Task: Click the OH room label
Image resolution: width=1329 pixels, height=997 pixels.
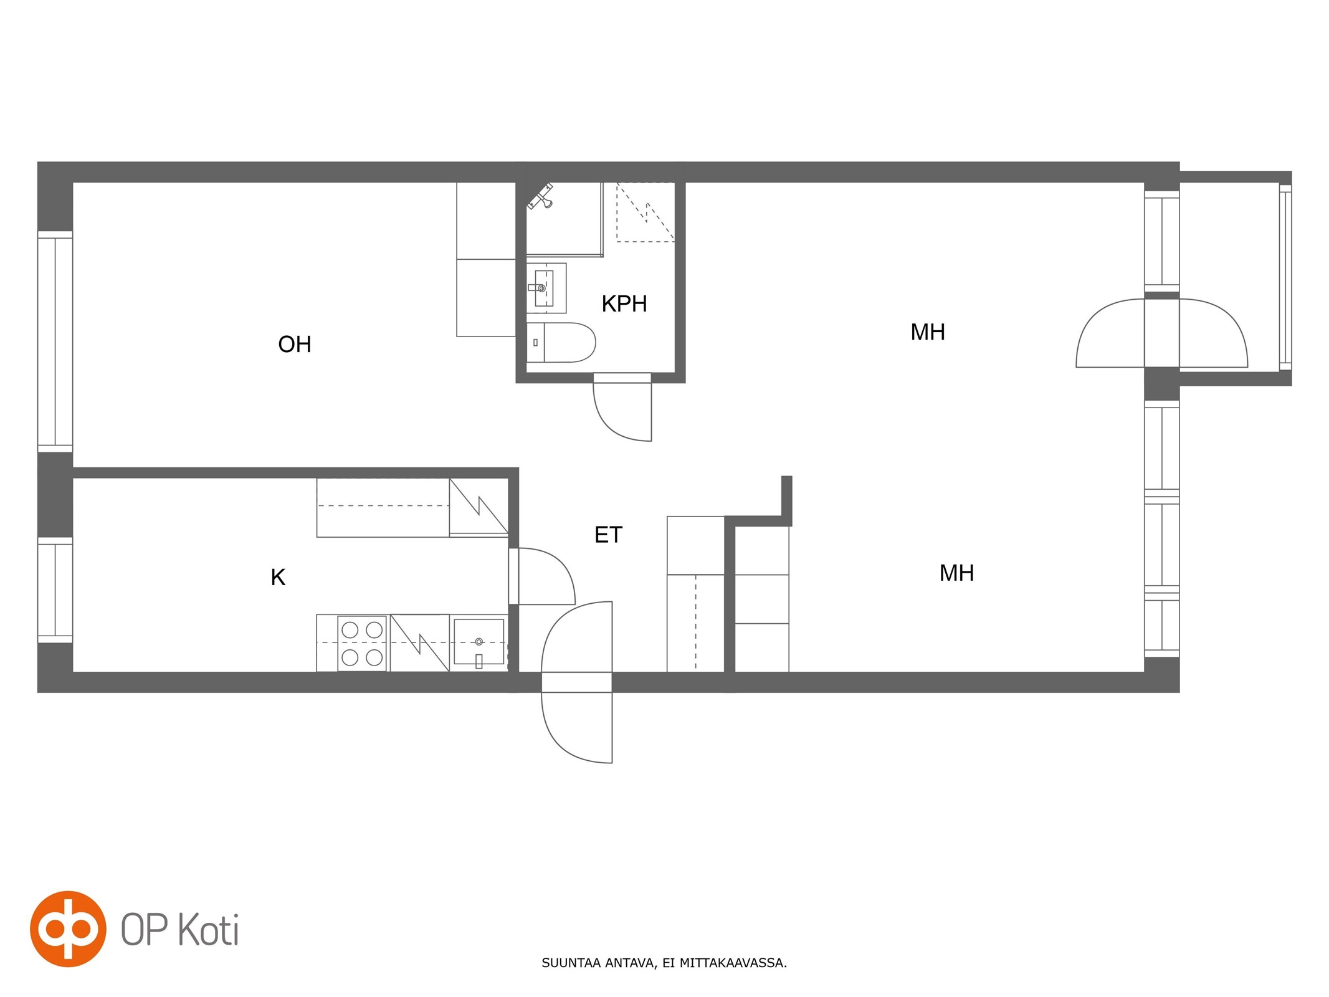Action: pyautogui.click(x=294, y=345)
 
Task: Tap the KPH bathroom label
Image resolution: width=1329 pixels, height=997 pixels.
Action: pyautogui.click(x=624, y=304)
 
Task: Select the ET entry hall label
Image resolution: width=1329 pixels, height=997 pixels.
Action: pyautogui.click(x=608, y=535)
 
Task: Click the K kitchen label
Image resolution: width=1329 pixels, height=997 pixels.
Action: pyautogui.click(x=278, y=578)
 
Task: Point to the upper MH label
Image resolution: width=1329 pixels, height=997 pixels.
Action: pyautogui.click(x=928, y=332)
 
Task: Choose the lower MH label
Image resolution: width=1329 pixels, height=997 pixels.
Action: pyautogui.click(x=956, y=573)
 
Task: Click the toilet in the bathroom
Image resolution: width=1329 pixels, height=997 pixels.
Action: pyautogui.click(x=561, y=342)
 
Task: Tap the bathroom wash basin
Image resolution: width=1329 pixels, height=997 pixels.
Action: pyautogui.click(x=546, y=288)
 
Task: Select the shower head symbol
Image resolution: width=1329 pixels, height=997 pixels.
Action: pyautogui.click(x=541, y=196)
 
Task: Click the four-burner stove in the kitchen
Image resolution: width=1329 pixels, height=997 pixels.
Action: pyautogui.click(x=362, y=644)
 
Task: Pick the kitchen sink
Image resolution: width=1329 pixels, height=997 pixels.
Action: pyautogui.click(x=479, y=642)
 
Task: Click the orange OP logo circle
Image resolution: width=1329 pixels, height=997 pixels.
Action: pyautogui.click(x=68, y=929)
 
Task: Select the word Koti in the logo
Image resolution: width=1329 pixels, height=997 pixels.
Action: pyautogui.click(x=209, y=930)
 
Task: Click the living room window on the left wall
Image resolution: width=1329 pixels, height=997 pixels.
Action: pyautogui.click(x=55, y=341)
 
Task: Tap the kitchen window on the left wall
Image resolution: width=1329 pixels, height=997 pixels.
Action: pyautogui.click(x=55, y=589)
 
